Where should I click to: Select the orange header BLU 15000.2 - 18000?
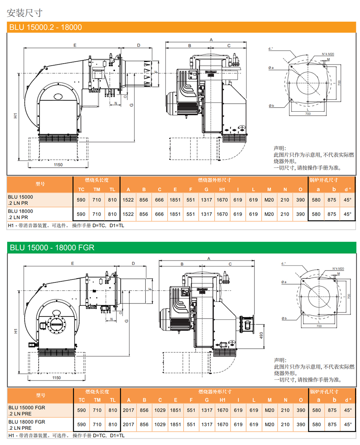coord(45,27)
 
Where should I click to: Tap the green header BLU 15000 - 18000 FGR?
coord(51,247)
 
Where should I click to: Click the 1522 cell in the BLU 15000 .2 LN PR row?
coord(128,200)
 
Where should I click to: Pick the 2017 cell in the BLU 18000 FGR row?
coord(128,425)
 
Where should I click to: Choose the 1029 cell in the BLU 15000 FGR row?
coord(160,410)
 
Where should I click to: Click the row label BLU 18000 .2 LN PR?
coord(20,214)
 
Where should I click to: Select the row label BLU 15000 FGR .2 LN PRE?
coord(27,410)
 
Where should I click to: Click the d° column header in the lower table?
coord(348,400)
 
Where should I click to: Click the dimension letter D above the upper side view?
coord(139,45)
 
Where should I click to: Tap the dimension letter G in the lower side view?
coord(126,321)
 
